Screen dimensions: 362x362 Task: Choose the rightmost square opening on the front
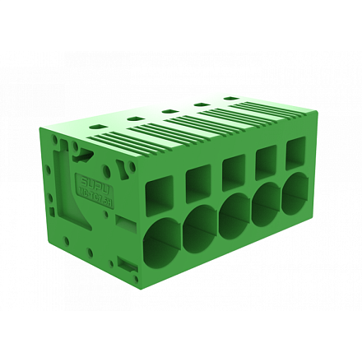point(295,152)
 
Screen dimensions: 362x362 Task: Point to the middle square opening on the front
point(234,172)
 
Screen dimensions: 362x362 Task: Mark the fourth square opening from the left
point(266,162)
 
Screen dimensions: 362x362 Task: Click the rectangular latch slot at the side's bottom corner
point(126,264)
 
